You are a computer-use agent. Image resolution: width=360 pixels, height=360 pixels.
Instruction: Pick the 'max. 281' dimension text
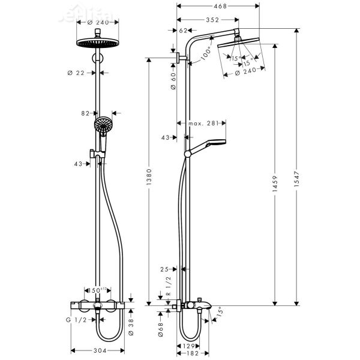tap(202, 124)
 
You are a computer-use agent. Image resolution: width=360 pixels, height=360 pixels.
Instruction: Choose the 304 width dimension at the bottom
tap(100, 350)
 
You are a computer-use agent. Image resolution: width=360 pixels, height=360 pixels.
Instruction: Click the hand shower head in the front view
tap(103, 125)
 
